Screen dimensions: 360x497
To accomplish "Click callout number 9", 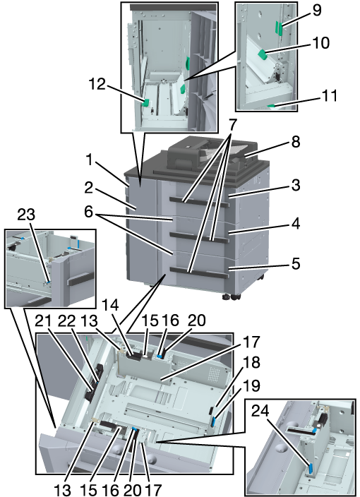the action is [316, 10].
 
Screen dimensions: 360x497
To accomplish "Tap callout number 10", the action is [320, 43].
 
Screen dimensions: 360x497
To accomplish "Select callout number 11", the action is [329, 95].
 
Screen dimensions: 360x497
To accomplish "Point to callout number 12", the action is [97, 84].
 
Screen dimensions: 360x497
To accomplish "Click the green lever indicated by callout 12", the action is [146, 102].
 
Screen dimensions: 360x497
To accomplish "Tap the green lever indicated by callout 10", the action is [263, 54].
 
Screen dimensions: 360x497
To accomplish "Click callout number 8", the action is [295, 142].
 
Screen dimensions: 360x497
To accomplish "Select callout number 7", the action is [232, 126].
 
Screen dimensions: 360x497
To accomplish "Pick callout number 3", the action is [295, 186].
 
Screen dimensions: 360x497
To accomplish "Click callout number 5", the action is [295, 264].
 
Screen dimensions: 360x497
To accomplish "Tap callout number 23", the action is [26, 215].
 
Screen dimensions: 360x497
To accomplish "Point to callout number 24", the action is [260, 411].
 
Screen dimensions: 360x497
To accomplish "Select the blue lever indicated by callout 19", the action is [214, 422].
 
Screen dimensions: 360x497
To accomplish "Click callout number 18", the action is [251, 363].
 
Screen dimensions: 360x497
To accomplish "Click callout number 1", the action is [90, 160].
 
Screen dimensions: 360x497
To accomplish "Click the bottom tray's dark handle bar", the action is [198, 273].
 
